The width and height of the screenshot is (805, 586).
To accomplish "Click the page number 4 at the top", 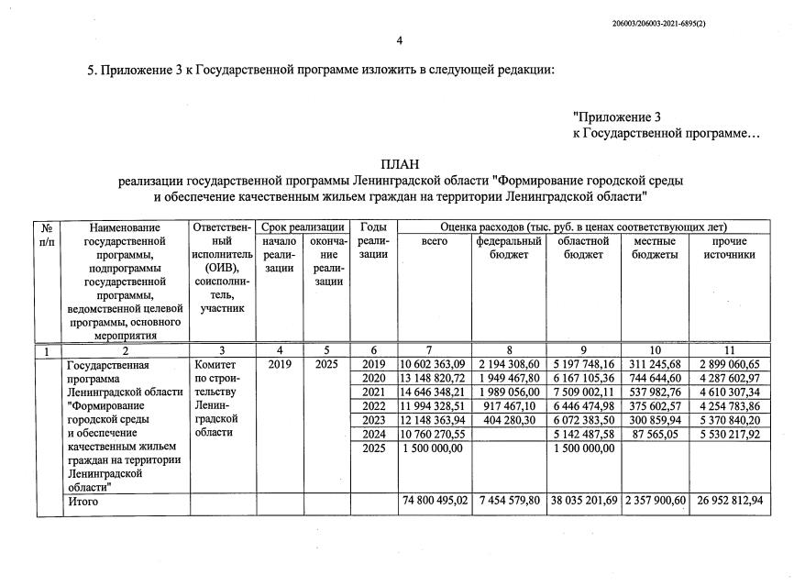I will [400, 40].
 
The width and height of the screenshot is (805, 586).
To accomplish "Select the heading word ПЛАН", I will [400, 164].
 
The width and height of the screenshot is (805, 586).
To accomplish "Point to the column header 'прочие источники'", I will [730, 248].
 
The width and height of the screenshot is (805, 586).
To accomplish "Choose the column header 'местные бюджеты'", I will [655, 248].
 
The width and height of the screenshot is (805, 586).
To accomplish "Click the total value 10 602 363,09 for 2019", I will [434, 365].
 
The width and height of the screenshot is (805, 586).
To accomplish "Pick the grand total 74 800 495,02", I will [436, 501].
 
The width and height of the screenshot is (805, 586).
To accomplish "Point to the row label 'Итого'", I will [83, 502].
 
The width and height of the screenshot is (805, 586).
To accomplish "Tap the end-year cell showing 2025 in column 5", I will [326, 365].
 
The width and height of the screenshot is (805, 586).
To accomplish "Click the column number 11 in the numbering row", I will [729, 350].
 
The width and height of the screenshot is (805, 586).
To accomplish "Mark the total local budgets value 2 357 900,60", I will [655, 501].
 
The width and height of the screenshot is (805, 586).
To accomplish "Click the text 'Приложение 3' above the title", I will [617, 117].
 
